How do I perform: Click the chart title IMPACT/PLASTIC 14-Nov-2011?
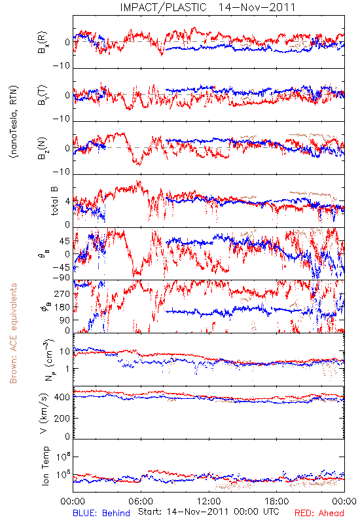click(207, 7)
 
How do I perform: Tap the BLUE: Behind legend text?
click(101, 513)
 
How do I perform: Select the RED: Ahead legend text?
click(319, 513)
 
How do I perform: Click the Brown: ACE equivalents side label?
click(13, 333)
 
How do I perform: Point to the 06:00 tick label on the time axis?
click(141, 501)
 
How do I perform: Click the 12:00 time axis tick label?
click(209, 501)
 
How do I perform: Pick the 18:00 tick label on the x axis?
click(277, 501)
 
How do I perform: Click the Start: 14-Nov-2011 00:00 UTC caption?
click(209, 512)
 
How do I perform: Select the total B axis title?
click(54, 201)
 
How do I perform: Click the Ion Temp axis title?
click(45, 466)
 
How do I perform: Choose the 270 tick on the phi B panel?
click(62, 293)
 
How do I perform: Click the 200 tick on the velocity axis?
click(62, 418)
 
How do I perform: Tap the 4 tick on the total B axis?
click(68, 202)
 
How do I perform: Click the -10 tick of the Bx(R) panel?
click(62, 66)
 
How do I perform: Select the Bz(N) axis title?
click(43, 148)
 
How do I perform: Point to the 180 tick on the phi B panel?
click(62, 307)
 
